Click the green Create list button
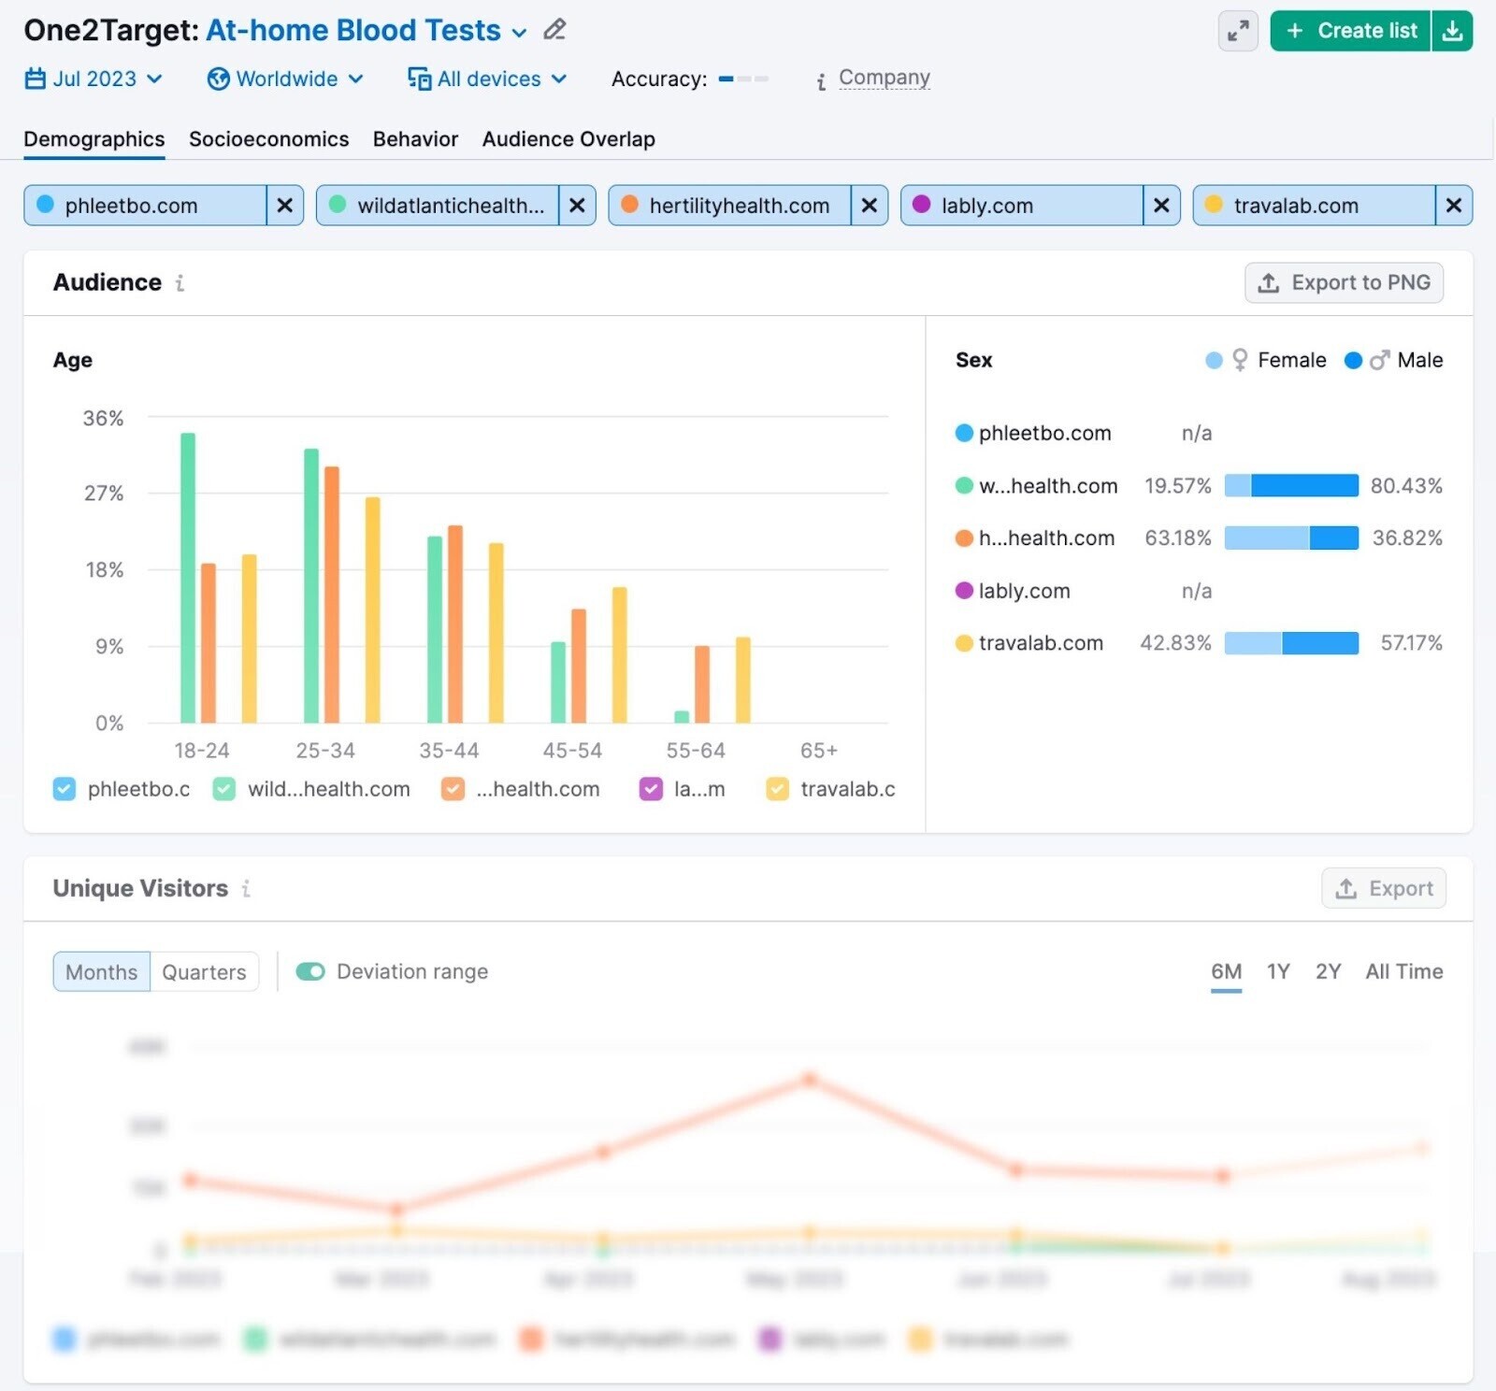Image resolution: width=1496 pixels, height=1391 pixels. [x=1350, y=31]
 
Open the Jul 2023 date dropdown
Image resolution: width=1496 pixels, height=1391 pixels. [x=93, y=79]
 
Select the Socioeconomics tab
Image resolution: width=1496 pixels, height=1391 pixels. [x=268, y=139]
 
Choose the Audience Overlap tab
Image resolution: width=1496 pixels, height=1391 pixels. [x=568, y=139]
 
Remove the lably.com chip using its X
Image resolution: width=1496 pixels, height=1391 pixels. [x=1161, y=206]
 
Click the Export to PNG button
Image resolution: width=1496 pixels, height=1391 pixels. [x=1344, y=282]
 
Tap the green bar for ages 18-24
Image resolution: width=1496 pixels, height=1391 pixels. [x=188, y=578]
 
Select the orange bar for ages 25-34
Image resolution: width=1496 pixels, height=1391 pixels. [x=331, y=594]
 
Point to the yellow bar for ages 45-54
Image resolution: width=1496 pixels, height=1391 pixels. [x=619, y=654]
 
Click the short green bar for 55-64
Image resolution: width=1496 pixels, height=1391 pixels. [x=682, y=717]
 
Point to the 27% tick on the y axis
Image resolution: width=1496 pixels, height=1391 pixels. [x=104, y=494]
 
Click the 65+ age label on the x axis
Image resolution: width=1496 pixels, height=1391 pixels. [x=818, y=751]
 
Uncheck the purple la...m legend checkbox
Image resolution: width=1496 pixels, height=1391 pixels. [x=651, y=789]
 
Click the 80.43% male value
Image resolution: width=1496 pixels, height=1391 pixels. [x=1405, y=486]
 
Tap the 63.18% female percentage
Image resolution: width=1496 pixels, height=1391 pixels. [x=1177, y=538]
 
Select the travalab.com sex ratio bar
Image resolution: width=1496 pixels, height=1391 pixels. [x=1290, y=643]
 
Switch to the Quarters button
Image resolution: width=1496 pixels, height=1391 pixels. [x=204, y=972]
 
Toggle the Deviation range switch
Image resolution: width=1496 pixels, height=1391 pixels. [x=310, y=972]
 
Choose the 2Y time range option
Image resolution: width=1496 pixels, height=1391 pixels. [x=1328, y=972]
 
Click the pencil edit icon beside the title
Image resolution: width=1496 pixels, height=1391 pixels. [x=554, y=30]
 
